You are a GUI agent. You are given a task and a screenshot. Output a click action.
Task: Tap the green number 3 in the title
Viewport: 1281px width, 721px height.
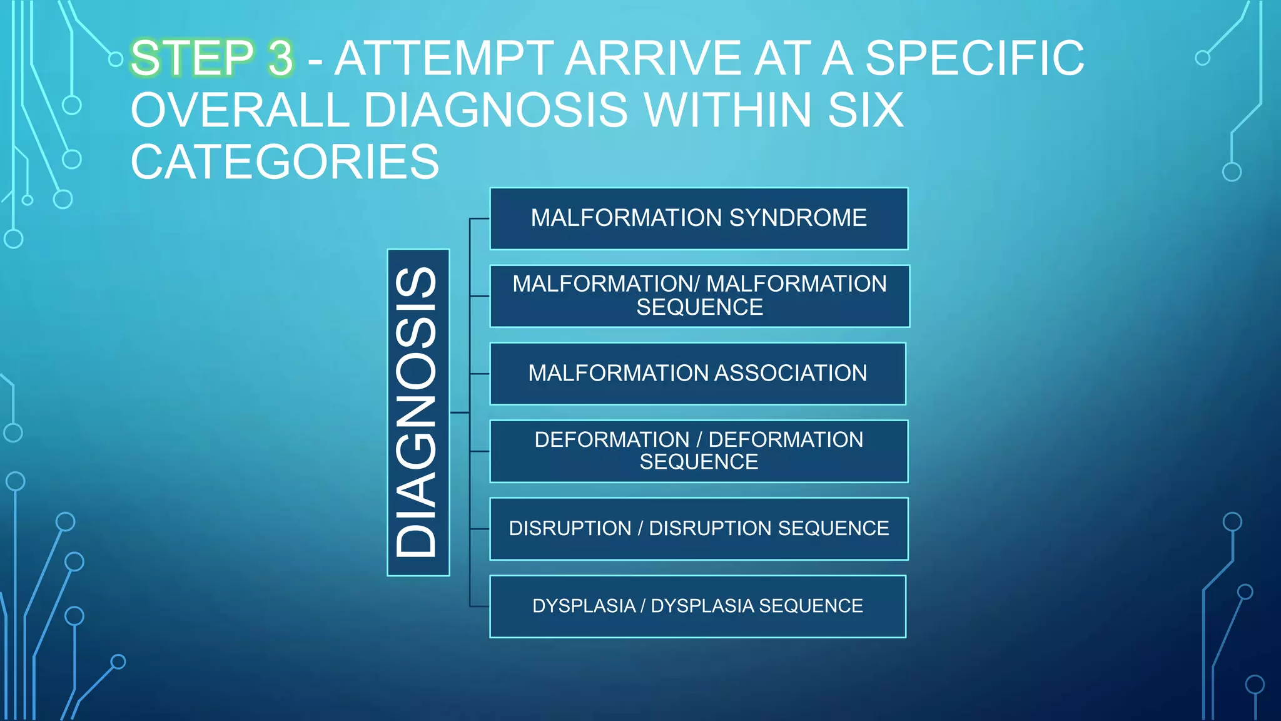pyautogui.click(x=281, y=58)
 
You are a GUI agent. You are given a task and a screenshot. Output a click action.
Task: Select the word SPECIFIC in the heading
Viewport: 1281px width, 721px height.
pyautogui.click(x=975, y=58)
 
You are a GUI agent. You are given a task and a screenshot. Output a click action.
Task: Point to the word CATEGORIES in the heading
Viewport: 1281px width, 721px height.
pyautogui.click(x=285, y=161)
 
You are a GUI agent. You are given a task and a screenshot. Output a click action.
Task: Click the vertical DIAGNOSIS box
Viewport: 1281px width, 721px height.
pyautogui.click(x=418, y=412)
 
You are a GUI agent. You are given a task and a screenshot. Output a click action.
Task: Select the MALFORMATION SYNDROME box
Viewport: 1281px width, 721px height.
pyautogui.click(x=699, y=218)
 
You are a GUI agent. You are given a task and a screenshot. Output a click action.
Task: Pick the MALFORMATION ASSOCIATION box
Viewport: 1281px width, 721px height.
pyautogui.click(x=697, y=374)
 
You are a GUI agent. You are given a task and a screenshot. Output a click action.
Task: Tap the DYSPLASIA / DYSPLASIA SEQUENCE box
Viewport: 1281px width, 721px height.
pyautogui.click(x=697, y=606)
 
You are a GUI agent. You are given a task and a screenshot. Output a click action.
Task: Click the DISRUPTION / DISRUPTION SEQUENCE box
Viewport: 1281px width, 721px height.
pyautogui.click(x=699, y=529)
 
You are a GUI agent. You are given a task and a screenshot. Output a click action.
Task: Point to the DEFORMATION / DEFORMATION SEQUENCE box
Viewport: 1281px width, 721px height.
pyautogui.click(x=699, y=451)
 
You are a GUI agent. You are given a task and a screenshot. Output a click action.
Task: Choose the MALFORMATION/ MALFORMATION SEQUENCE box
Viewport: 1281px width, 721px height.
pyautogui.click(x=699, y=296)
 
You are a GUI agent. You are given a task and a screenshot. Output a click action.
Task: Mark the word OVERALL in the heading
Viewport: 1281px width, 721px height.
pyautogui.click(x=240, y=110)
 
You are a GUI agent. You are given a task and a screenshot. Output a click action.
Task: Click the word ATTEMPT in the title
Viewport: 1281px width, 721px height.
pyautogui.click(x=444, y=58)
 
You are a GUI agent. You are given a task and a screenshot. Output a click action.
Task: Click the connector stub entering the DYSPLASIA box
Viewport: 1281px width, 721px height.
pyautogui.click(x=480, y=606)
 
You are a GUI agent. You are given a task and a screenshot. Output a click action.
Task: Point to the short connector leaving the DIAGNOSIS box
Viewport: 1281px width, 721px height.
pyautogui.click(x=459, y=412)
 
